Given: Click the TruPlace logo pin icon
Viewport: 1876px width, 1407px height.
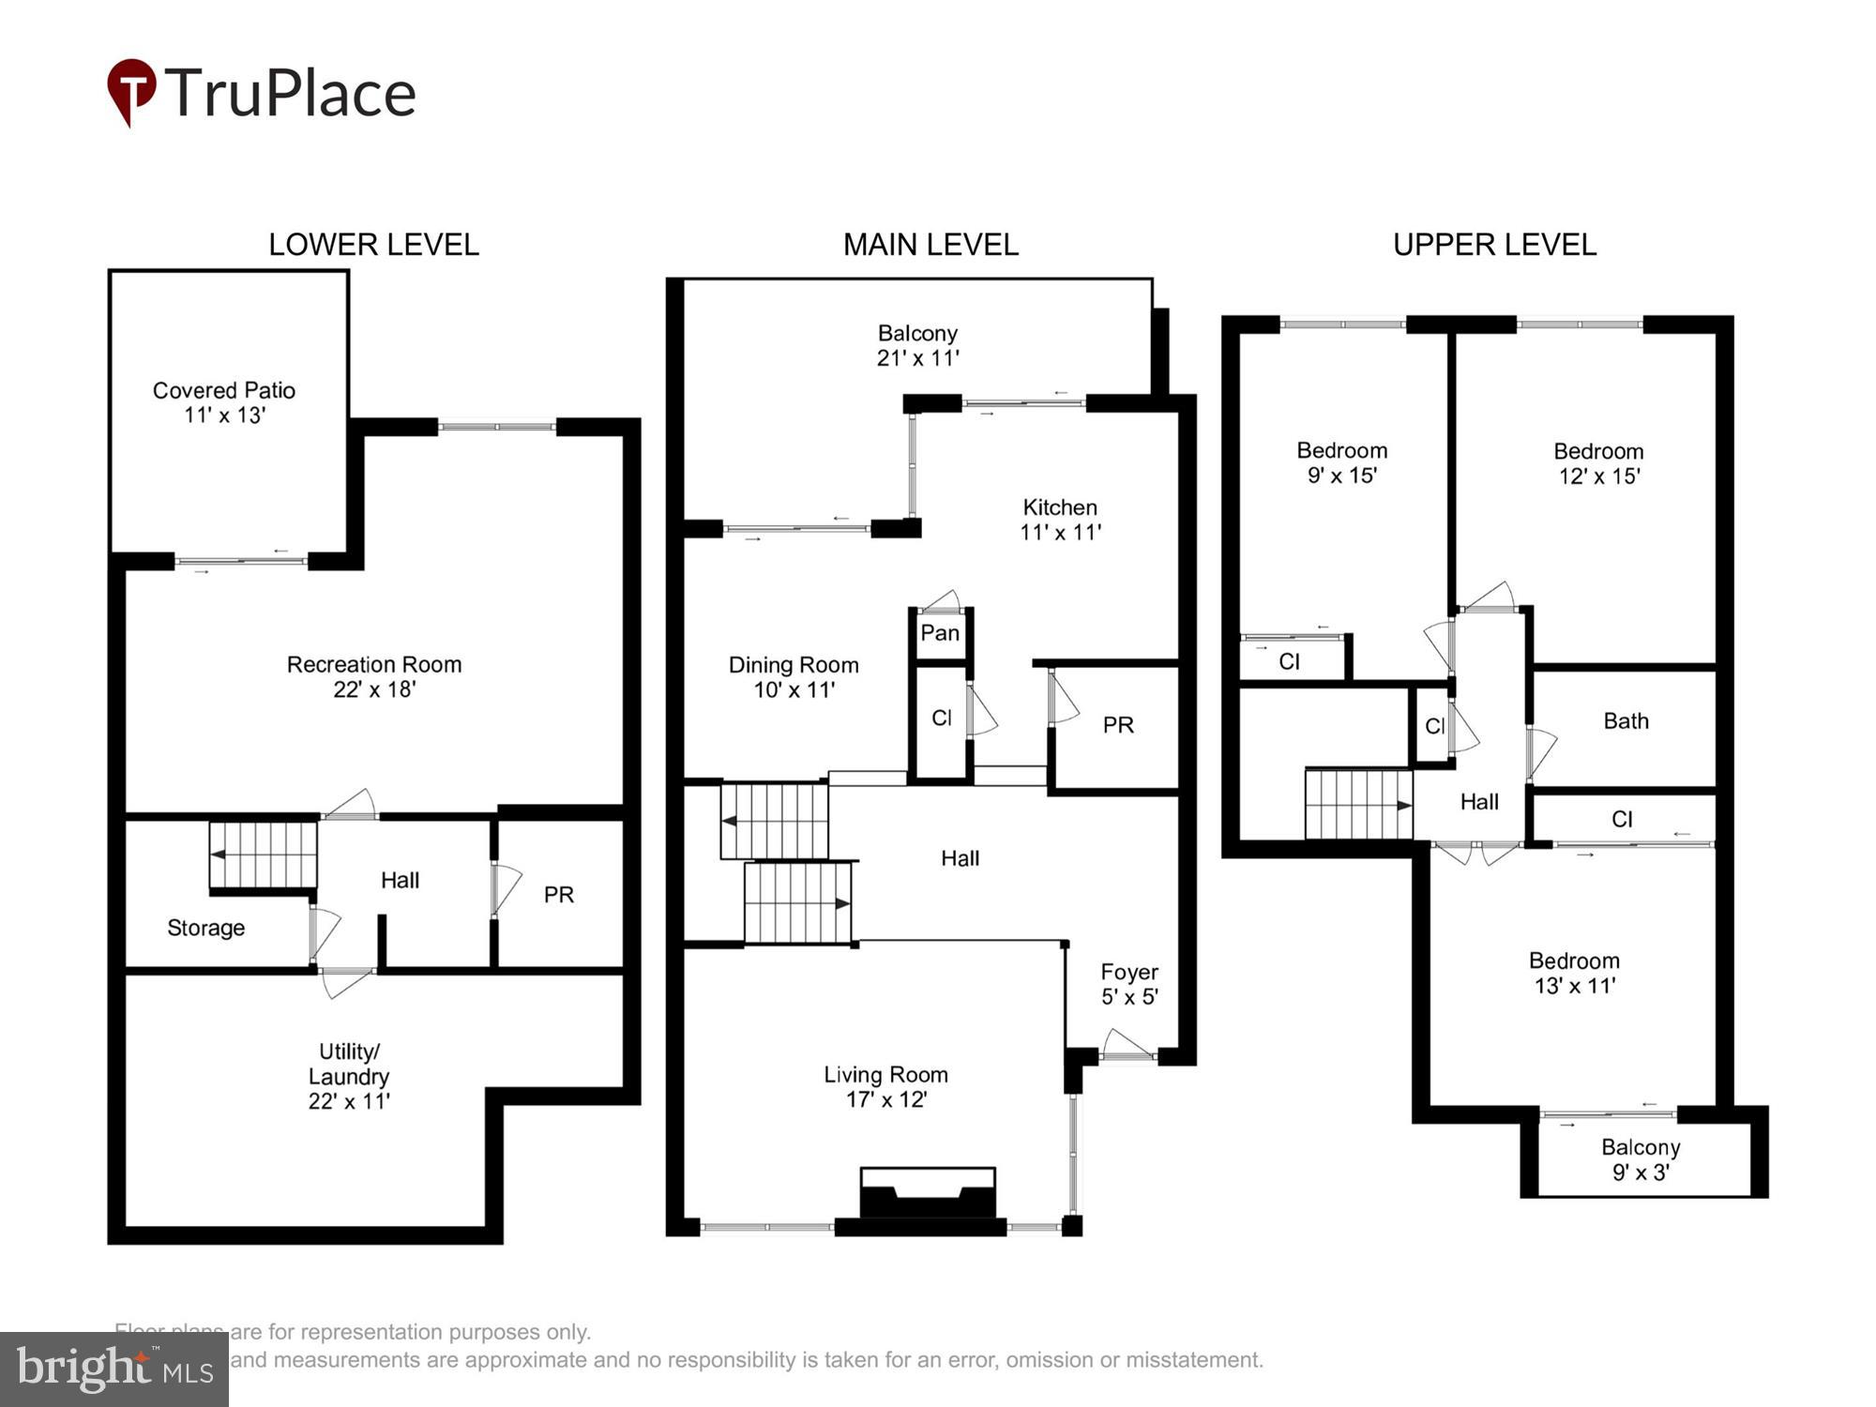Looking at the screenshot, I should [131, 90].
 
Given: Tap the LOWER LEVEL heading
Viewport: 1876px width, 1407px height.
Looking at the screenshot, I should [373, 245].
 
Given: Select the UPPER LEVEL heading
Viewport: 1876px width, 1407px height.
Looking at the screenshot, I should [1493, 245].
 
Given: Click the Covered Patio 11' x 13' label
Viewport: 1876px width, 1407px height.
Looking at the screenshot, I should [224, 402].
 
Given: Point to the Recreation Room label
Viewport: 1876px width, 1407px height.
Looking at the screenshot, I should [373, 676].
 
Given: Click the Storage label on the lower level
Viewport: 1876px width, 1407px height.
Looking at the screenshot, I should [205, 928].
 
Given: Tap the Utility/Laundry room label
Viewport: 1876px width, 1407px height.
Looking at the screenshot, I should [349, 1076].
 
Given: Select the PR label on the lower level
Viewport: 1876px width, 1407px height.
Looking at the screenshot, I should [558, 895].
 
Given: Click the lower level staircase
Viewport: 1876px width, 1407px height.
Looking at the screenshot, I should [264, 855].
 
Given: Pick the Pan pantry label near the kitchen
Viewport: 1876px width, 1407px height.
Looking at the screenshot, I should [939, 633].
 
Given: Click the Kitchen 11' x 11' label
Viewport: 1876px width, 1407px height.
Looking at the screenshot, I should [1060, 520].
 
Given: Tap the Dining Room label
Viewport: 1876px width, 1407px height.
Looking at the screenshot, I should [794, 677].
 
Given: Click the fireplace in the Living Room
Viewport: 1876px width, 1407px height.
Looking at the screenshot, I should [928, 1195].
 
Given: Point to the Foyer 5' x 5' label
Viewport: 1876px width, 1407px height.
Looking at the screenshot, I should [1128, 984].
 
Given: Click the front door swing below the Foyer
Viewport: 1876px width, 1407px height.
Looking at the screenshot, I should [1127, 1046].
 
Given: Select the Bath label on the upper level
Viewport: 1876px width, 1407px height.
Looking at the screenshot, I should [1626, 721].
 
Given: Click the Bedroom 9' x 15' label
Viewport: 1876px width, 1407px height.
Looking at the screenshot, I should [1341, 462].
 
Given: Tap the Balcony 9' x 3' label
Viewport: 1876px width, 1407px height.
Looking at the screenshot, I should [1640, 1159].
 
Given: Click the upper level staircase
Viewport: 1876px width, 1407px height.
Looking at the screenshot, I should [1358, 805].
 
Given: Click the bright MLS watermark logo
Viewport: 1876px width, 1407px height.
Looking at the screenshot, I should [114, 1369].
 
